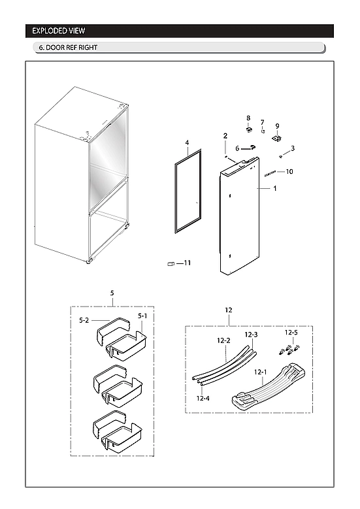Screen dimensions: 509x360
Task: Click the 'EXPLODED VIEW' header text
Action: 59,31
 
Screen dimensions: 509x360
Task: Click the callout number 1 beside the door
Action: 275,188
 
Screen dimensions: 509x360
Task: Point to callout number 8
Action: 248,118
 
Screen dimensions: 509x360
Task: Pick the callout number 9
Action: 277,125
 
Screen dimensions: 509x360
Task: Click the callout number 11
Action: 187,263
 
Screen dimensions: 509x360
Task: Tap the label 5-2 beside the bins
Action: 84,320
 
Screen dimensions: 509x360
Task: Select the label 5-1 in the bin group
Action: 142,316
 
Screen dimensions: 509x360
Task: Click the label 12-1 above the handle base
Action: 261,372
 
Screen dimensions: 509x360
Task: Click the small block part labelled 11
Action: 171,264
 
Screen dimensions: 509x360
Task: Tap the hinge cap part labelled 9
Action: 276,138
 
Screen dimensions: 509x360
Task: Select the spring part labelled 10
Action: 272,173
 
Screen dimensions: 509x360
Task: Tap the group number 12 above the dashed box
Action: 228,309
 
